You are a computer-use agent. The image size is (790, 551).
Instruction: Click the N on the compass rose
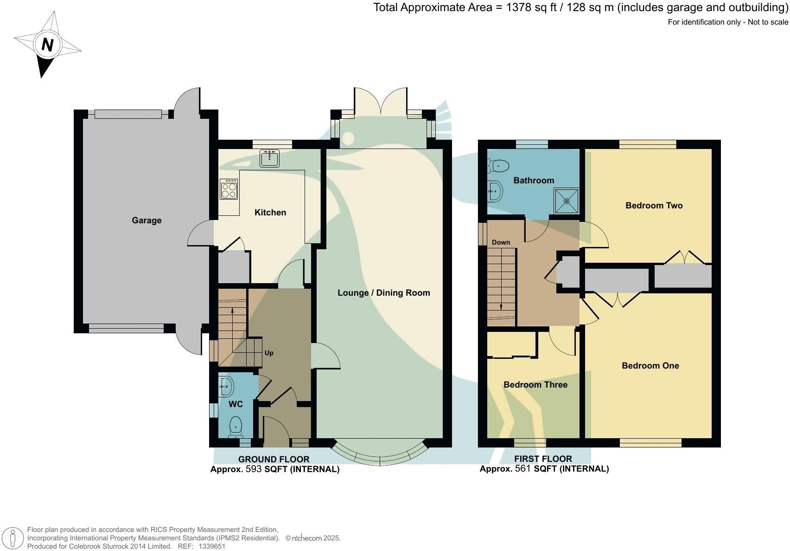pyautogui.click(x=47, y=45)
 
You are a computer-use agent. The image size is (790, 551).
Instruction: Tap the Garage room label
pyautogui.click(x=147, y=220)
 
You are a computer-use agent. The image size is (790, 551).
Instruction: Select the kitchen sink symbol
pyautogui.click(x=269, y=158)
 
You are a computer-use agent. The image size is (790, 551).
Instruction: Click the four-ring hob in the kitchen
pyautogui.click(x=229, y=189)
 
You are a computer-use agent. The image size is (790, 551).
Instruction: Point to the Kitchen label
pyautogui.click(x=270, y=213)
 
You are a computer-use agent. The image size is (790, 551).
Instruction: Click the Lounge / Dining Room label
pyautogui.click(x=383, y=293)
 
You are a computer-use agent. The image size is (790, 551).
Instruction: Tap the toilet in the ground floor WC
pyautogui.click(x=236, y=427)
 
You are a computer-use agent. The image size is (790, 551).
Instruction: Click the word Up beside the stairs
pyautogui.click(x=269, y=353)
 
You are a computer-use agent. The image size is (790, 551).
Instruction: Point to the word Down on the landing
pyautogui.click(x=501, y=242)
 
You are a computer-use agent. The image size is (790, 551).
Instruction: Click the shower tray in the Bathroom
pyautogui.click(x=567, y=201)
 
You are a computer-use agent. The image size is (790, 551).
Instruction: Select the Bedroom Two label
pyautogui.click(x=654, y=206)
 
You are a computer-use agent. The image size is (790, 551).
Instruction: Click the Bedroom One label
pyautogui.click(x=650, y=366)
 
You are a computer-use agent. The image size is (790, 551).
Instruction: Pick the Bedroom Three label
pyautogui.click(x=535, y=385)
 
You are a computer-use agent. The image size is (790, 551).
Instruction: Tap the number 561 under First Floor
pyautogui.click(x=523, y=469)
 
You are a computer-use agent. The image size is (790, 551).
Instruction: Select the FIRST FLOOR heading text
pyautogui.click(x=543, y=459)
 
